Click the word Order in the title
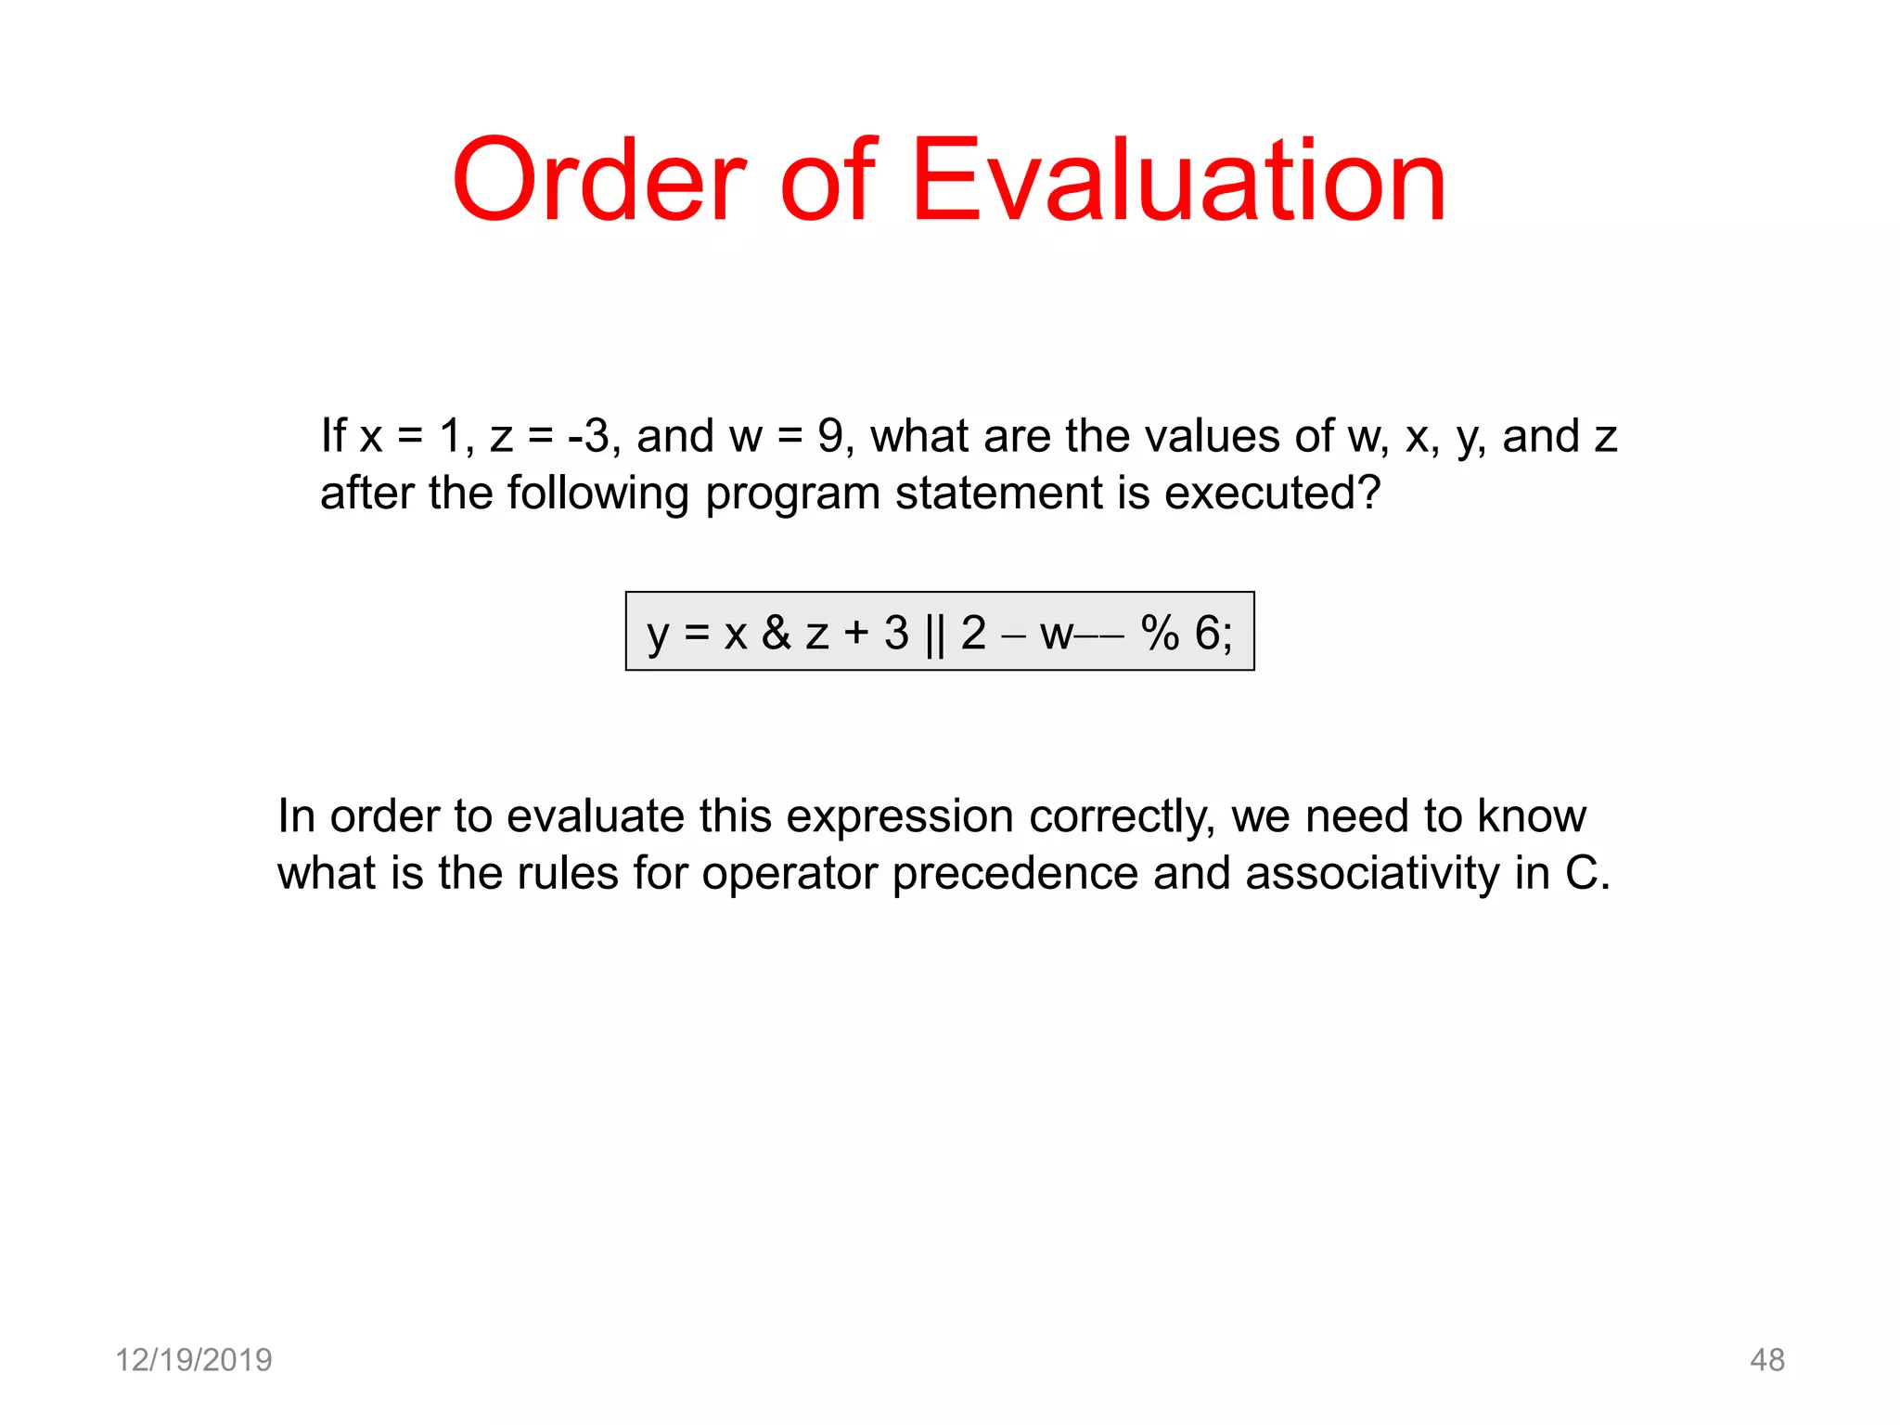[599, 181]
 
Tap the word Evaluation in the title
[1178, 181]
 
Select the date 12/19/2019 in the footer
[193, 1360]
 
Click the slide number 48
[1766, 1360]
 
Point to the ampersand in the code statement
[776, 633]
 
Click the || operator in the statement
[934, 635]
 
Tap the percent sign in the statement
[1160, 634]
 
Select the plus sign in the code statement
[855, 633]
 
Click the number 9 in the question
[830, 436]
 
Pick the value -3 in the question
[588, 436]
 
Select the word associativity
[1372, 874]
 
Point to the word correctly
[1122, 817]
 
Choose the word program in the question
[792, 494]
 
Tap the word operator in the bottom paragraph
[789, 874]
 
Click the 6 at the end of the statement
[1208, 634]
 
